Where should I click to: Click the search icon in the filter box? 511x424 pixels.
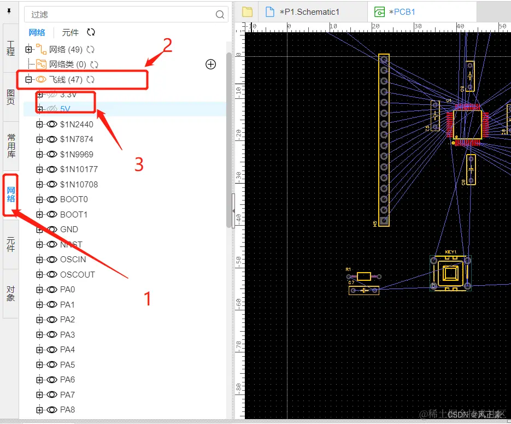(x=220, y=15)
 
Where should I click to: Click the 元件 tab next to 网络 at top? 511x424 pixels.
(x=71, y=33)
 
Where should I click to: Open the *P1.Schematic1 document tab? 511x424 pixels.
(x=309, y=12)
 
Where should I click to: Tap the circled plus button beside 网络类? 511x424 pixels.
(x=210, y=64)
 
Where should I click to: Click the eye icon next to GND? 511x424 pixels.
(x=52, y=229)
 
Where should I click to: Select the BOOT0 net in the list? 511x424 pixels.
(x=74, y=199)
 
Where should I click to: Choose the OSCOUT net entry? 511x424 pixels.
(x=77, y=274)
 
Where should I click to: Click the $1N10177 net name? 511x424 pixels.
(x=79, y=169)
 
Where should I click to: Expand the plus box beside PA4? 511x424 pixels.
(x=39, y=350)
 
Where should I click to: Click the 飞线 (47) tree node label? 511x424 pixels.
(x=66, y=80)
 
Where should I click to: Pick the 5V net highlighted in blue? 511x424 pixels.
(x=66, y=109)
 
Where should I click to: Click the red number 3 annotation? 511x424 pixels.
(x=139, y=164)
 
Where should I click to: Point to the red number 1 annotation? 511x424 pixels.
(x=146, y=298)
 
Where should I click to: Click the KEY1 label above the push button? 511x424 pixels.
(x=450, y=252)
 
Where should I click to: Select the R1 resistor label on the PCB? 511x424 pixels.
(x=349, y=270)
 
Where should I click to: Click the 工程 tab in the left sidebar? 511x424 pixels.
(x=11, y=48)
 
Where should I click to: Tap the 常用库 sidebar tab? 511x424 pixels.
(x=11, y=145)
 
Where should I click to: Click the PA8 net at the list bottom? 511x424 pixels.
(x=67, y=410)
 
